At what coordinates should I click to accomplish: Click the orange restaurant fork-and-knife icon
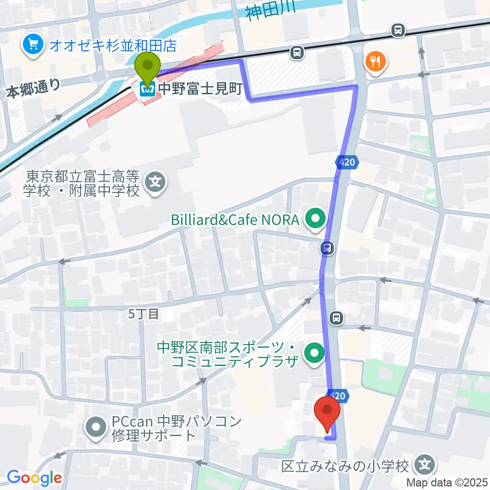coord(376,62)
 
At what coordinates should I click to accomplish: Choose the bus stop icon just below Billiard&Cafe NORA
coord(327,248)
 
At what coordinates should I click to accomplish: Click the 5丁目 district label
coord(143,314)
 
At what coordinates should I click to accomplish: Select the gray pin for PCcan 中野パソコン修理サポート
coord(95,428)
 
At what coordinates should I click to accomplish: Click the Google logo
coord(34,478)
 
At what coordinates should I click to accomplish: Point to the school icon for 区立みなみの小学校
coord(425,465)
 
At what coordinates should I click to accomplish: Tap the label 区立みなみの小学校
coord(346,466)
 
